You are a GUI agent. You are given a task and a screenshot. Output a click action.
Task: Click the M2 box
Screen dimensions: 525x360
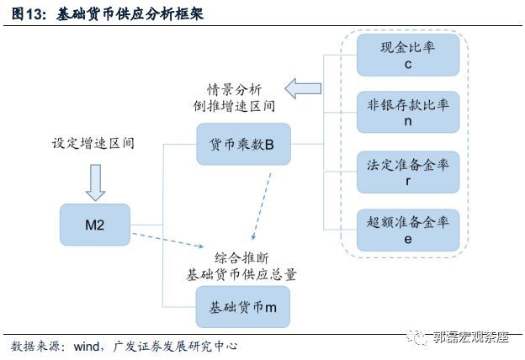coord(95,225)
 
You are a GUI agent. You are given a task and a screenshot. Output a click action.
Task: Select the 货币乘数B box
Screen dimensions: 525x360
coord(243,144)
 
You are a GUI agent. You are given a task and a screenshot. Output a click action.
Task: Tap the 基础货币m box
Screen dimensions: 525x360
coord(243,307)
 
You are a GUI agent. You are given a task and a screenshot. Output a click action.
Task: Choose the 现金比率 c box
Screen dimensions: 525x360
coord(408,55)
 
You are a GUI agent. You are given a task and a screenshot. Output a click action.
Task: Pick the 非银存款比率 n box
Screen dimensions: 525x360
coord(408,112)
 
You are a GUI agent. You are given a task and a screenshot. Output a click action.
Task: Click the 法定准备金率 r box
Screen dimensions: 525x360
coord(408,172)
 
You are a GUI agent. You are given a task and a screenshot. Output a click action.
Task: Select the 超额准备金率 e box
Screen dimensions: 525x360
coord(408,230)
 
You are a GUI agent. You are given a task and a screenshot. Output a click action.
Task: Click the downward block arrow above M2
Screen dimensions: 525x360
coord(95,183)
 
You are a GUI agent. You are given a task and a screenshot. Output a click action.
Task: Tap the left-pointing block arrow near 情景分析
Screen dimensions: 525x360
coord(303,88)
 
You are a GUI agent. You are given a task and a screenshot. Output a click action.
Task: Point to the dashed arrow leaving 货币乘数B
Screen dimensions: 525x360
coord(261,206)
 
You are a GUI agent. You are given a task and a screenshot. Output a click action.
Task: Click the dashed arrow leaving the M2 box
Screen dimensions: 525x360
coord(167,240)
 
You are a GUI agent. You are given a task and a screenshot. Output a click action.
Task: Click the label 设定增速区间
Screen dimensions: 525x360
coord(93,143)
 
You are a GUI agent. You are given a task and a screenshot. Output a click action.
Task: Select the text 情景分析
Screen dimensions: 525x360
coord(234,90)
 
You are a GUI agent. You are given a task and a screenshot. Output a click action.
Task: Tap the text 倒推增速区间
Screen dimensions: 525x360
coord(234,106)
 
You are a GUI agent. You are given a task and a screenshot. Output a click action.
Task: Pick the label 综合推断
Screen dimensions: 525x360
coord(241,258)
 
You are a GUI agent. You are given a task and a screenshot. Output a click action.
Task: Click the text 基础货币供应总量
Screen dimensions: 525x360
coord(241,274)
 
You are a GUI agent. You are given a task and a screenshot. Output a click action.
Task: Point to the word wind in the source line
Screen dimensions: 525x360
coord(87,347)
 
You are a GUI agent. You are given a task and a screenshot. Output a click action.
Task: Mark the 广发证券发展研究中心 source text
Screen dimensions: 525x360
coord(175,347)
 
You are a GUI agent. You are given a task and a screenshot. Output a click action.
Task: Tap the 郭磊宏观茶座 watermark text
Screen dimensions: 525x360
coord(471,337)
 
